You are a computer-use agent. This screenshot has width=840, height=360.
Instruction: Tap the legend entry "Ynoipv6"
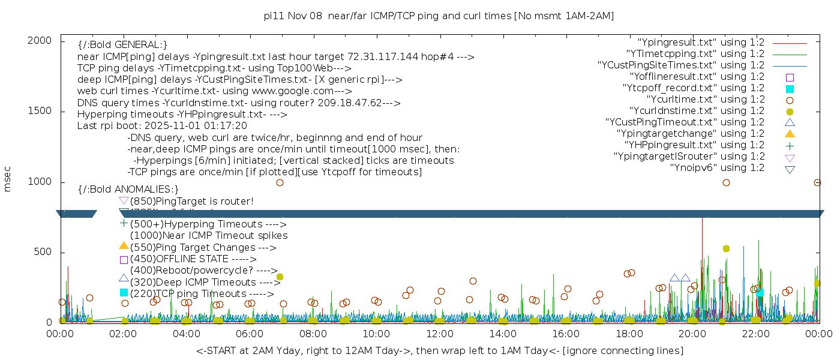[x=717, y=168]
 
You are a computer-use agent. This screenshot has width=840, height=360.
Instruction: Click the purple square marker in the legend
[x=790, y=77]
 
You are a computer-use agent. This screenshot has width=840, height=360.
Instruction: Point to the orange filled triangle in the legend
[x=790, y=133]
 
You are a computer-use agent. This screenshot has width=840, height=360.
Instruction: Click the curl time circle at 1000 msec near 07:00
[x=280, y=182]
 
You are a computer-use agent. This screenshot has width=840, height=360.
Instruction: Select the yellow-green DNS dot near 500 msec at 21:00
[x=726, y=248]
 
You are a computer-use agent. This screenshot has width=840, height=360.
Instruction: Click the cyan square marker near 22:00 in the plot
[x=760, y=292]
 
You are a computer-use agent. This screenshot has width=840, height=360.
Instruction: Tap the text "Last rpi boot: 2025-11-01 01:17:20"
[x=162, y=126]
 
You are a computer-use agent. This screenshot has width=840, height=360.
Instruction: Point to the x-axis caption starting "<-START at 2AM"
[x=439, y=350]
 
